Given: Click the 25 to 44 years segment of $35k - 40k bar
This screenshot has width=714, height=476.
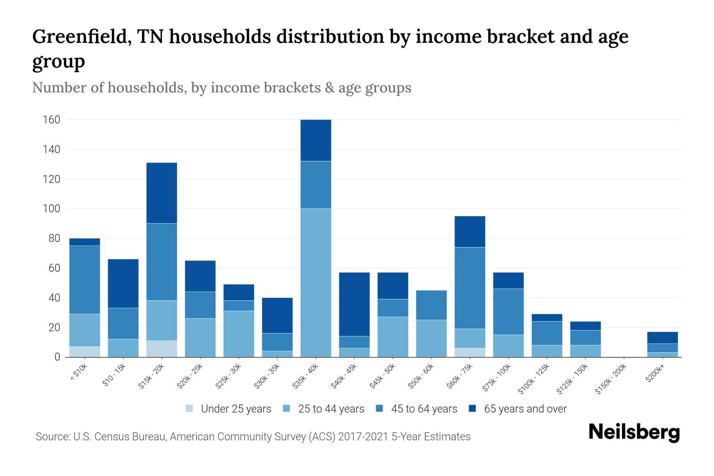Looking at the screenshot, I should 316,282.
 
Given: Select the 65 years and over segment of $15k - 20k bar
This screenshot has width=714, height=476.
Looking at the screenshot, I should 162,193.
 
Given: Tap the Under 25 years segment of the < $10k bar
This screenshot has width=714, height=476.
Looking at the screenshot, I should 84,352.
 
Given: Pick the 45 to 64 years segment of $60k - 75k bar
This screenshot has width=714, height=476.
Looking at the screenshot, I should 470,288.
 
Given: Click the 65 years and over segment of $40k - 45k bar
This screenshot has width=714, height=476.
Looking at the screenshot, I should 354,304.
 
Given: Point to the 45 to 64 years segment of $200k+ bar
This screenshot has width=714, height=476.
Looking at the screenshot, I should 662,348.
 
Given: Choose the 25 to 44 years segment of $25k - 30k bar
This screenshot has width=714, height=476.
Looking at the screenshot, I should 239,334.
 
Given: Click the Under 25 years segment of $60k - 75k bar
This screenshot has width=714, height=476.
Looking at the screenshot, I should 470,352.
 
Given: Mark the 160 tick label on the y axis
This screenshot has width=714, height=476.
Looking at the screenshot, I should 51,120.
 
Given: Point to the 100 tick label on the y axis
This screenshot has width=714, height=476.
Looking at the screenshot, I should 51,209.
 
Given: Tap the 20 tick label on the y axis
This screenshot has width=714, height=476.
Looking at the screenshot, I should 54,328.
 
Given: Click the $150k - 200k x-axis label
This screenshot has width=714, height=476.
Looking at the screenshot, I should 611,379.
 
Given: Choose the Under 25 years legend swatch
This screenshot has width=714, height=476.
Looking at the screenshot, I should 190,408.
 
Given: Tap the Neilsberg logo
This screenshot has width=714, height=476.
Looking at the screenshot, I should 634,432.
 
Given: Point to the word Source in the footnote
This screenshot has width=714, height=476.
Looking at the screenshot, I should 52,437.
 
